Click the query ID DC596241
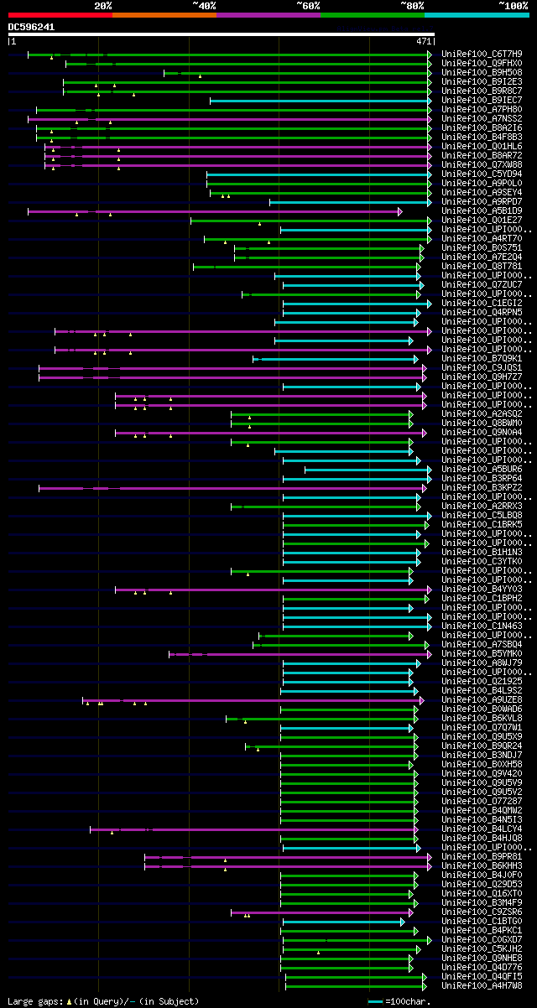[32, 27]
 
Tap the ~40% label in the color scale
[204, 5]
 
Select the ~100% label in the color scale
[513, 5]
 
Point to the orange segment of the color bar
[164, 14]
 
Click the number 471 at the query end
[424, 40]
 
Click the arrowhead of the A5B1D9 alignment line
[400, 211]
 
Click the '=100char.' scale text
[409, 1001]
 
